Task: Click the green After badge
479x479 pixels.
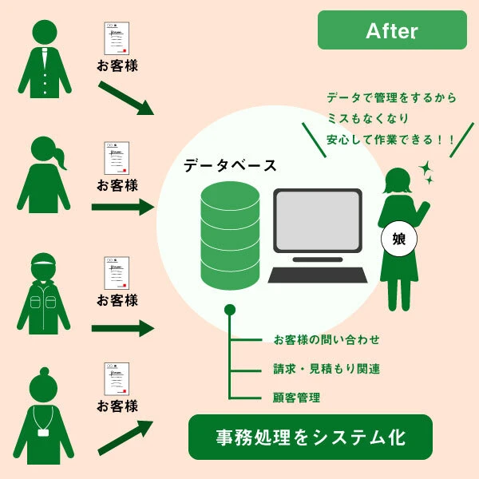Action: coord(392,30)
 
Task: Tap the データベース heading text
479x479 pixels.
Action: coord(230,166)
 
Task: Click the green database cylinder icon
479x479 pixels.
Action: coord(230,236)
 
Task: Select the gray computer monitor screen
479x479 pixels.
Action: coord(318,220)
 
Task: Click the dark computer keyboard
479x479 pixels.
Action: coord(318,275)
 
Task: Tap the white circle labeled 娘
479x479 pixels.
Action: coord(399,239)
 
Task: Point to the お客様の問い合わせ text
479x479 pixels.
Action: coord(327,340)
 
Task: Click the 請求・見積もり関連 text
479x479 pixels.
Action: coord(327,369)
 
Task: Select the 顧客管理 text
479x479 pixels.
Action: coord(296,398)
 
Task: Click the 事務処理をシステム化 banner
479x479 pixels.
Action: coord(311,437)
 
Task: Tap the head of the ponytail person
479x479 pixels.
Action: coord(44,149)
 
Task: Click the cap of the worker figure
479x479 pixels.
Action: coord(44,259)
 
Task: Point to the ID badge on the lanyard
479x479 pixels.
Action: coord(43,433)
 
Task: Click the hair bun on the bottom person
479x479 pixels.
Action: coord(44,371)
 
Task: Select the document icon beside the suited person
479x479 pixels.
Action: coord(117,38)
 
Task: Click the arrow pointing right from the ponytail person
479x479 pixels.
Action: coord(123,207)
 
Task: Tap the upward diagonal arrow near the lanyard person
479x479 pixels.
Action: coord(125,437)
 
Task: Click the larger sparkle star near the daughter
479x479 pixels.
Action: coord(426,168)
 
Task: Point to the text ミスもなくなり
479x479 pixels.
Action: coord(368,118)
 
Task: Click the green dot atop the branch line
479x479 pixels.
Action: coord(230,310)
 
